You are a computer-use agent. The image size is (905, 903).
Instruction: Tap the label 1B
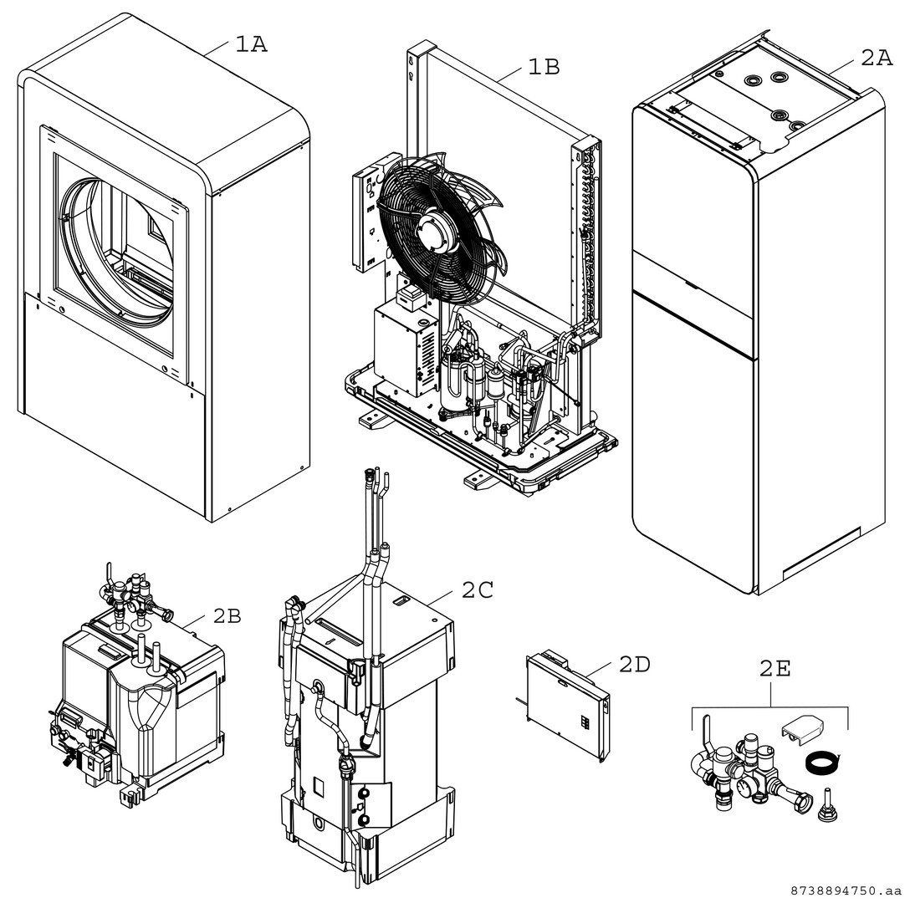pyautogui.click(x=543, y=66)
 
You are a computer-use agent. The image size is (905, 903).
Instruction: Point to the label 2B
pyautogui.click(x=226, y=616)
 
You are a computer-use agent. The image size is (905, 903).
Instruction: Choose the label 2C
pyautogui.click(x=477, y=589)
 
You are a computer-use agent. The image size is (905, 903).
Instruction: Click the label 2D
pyautogui.click(x=634, y=664)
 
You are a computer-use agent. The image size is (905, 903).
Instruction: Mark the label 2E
pyautogui.click(x=775, y=669)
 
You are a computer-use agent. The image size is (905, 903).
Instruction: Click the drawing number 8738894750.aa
pyautogui.click(x=845, y=890)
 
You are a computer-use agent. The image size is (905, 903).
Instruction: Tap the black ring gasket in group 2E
pyautogui.click(x=821, y=762)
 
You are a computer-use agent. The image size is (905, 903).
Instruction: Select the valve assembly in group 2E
pyautogui.click(x=736, y=768)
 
